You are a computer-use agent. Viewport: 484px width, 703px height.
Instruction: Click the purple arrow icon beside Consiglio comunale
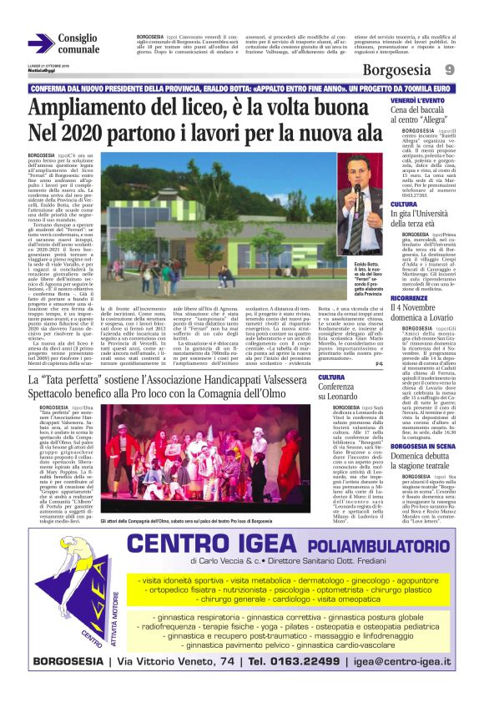[x=41, y=43]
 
